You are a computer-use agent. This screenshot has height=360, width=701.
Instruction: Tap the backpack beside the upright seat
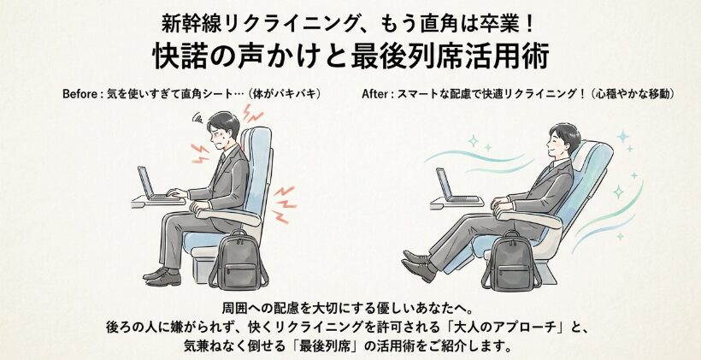239,261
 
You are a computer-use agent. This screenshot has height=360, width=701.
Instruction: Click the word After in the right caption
374,94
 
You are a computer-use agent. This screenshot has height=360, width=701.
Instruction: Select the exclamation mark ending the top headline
530,24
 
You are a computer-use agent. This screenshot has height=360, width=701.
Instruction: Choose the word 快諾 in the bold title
180,56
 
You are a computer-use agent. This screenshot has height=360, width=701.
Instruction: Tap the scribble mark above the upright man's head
197,118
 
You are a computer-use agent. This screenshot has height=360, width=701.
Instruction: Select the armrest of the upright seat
228,216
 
